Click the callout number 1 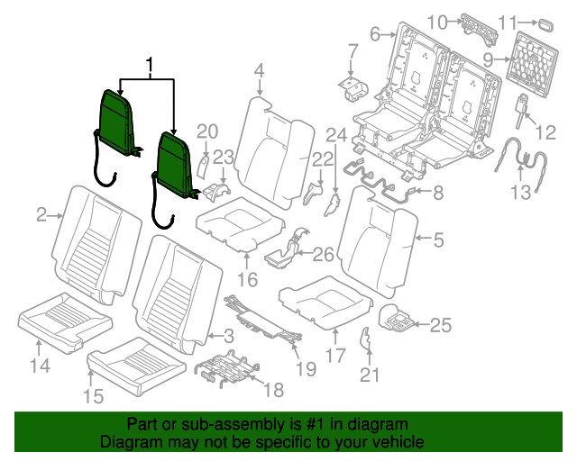coord(151,66)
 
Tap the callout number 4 coord(259,70)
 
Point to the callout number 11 coord(532,22)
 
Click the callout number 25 coord(440,325)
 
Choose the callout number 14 coord(39,365)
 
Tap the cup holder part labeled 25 coord(398,316)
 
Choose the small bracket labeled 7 coord(352,85)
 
